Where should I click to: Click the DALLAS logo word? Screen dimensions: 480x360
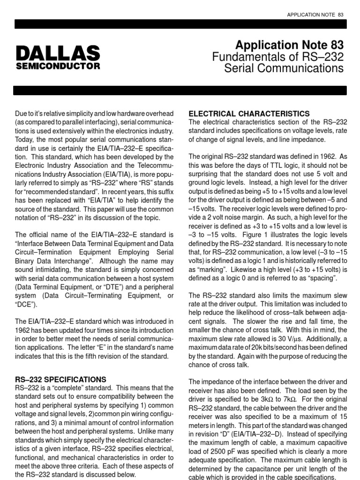[x=58, y=52]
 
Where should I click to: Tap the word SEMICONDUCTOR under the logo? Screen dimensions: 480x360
[x=58, y=66]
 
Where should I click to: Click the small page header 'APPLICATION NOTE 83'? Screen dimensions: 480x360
[x=315, y=15]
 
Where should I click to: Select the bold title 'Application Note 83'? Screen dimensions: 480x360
[x=289, y=45]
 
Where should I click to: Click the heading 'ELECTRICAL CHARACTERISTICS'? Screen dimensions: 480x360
[x=248, y=113]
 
